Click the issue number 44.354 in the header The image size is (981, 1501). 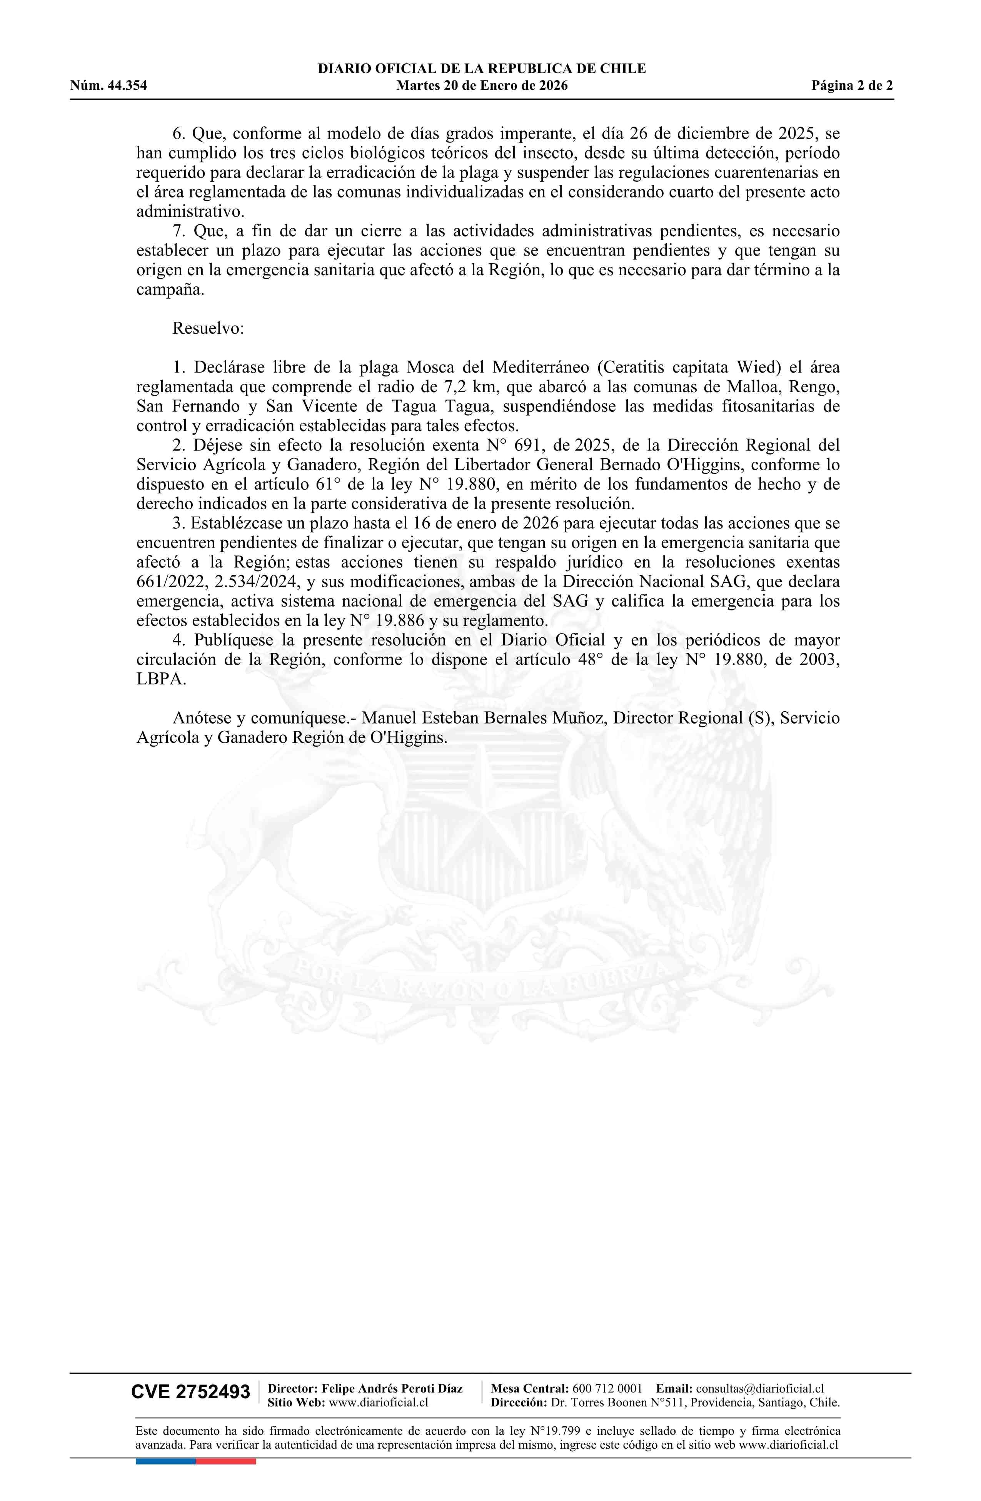pos(126,86)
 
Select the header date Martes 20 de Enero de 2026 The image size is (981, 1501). pos(482,86)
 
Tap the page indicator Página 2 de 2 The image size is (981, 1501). pos(852,86)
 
